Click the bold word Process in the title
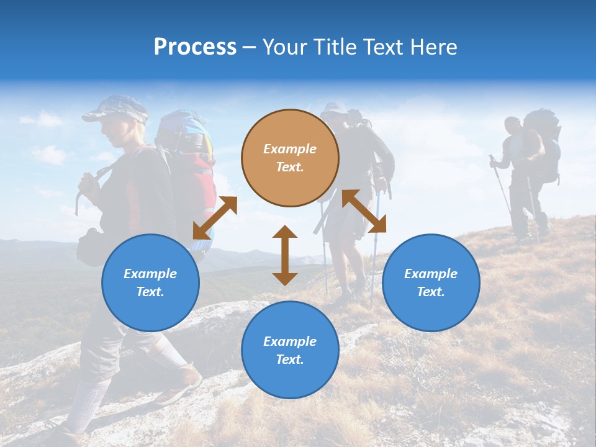(x=195, y=47)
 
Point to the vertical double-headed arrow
(x=285, y=255)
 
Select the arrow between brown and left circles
(x=215, y=217)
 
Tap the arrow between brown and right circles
(x=364, y=211)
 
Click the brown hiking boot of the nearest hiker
(x=180, y=384)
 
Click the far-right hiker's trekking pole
(x=500, y=186)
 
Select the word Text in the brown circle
(x=290, y=168)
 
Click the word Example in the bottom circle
(x=290, y=341)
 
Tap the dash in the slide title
(x=250, y=47)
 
